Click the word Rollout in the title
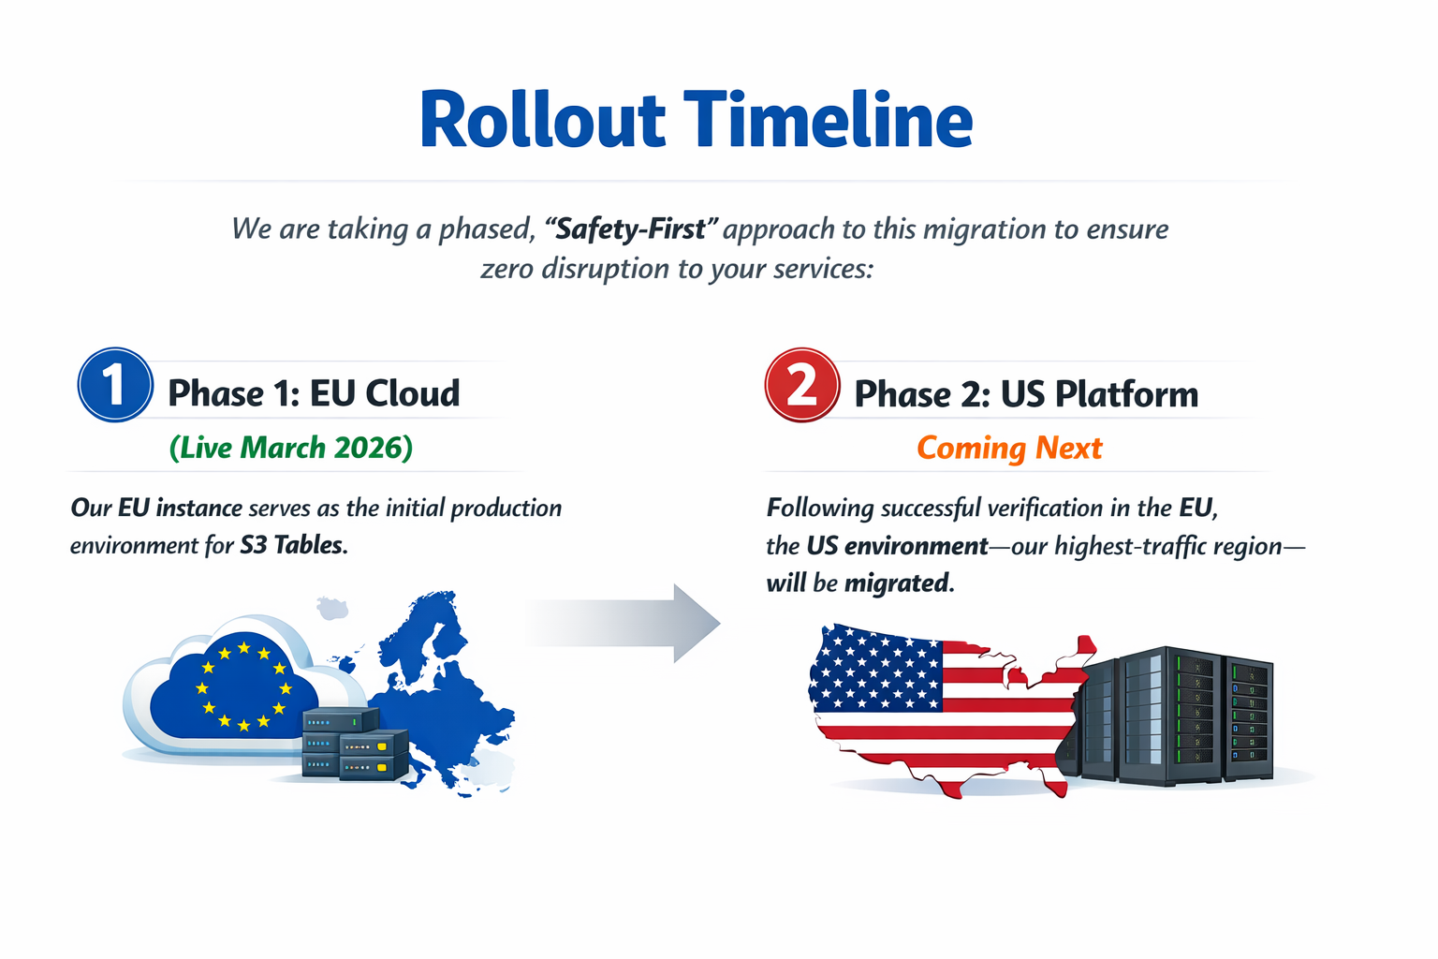click(x=542, y=120)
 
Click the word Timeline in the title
click(x=829, y=119)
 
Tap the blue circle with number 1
click(x=115, y=385)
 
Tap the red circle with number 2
click(x=802, y=385)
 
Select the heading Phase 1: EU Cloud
click(x=314, y=393)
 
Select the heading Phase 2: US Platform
click(x=1026, y=393)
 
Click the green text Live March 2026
click(x=291, y=448)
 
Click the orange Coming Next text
click(x=1009, y=448)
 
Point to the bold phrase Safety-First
click(x=630, y=229)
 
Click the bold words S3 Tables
click(x=293, y=545)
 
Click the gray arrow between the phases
click(x=623, y=623)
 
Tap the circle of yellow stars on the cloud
click(x=244, y=687)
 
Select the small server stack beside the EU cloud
click(x=355, y=744)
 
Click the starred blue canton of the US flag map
click(x=875, y=668)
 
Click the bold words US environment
click(x=897, y=546)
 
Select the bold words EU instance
click(x=180, y=509)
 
